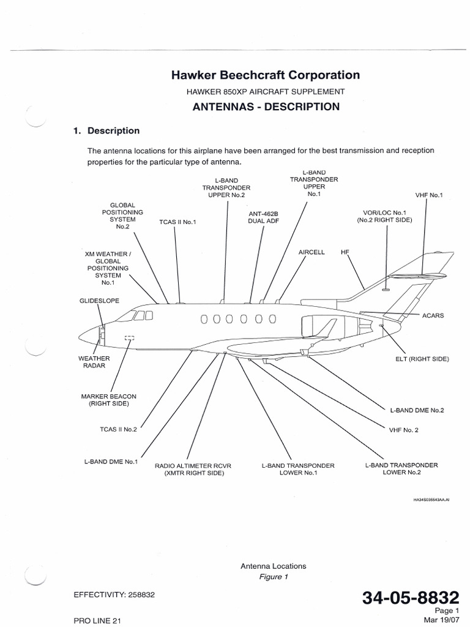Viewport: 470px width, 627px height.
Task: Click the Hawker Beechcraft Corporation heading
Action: point(265,75)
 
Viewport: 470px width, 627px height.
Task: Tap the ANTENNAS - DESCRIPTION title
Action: point(265,107)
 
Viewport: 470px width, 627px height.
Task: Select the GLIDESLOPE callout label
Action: point(100,301)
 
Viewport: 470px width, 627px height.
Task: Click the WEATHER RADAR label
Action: point(94,362)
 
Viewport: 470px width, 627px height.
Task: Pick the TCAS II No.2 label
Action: point(118,429)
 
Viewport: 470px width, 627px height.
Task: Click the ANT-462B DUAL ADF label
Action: point(263,217)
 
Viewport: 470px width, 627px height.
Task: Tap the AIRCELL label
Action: point(311,252)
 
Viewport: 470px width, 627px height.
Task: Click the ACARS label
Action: point(433,316)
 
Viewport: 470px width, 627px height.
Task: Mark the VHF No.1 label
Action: point(428,195)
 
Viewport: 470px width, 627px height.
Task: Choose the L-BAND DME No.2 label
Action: point(417,410)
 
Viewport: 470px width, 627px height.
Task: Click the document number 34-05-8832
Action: point(410,598)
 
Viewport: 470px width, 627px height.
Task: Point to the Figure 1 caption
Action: point(273,577)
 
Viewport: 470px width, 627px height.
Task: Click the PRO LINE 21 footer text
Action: point(98,620)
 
